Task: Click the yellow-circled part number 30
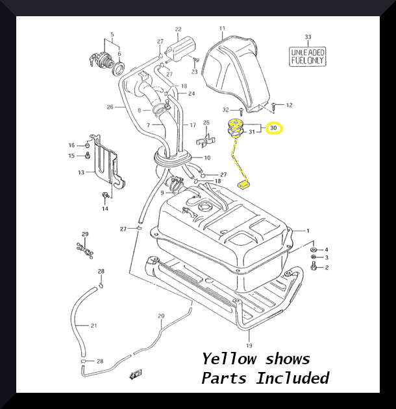(x=274, y=128)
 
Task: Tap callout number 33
(x=308, y=37)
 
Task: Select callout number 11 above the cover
(x=221, y=29)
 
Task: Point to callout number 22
(x=178, y=29)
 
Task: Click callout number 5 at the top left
(x=112, y=34)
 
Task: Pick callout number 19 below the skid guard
(x=249, y=336)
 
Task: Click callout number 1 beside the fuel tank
(x=308, y=231)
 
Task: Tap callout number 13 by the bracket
(x=81, y=172)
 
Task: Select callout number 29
(x=84, y=233)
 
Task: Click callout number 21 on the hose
(x=93, y=325)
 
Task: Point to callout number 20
(x=162, y=316)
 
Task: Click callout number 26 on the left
(x=110, y=107)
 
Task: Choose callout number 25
(x=206, y=123)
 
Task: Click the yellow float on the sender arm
(x=244, y=184)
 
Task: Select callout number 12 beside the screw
(x=290, y=105)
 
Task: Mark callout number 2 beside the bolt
(x=327, y=267)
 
